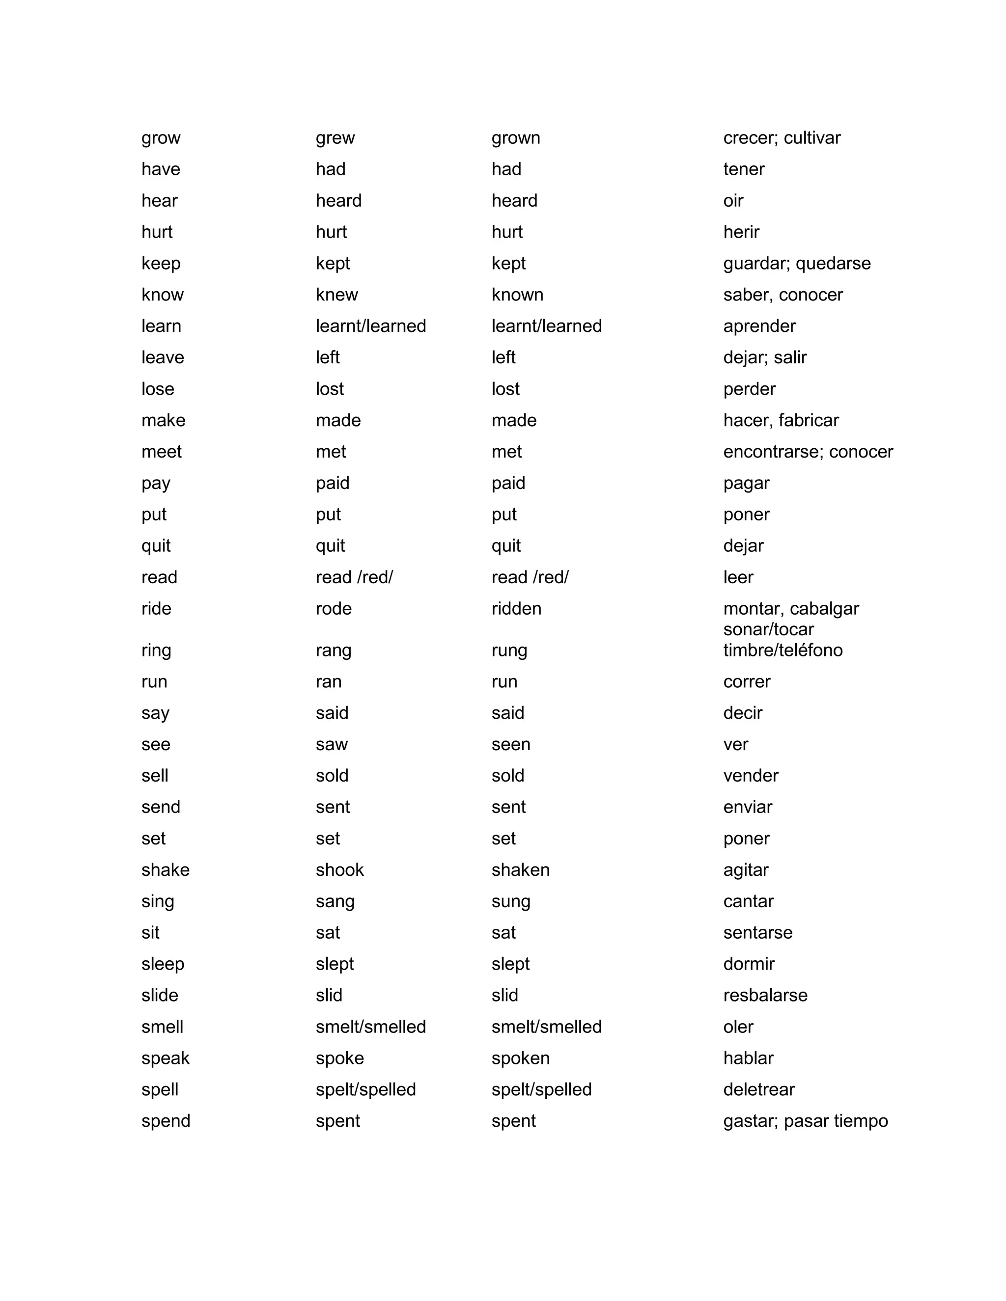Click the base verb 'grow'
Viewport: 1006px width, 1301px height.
click(161, 138)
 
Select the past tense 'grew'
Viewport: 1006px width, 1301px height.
click(335, 138)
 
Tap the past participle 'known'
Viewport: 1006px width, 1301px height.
click(517, 295)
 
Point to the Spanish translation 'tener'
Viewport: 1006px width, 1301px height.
click(744, 169)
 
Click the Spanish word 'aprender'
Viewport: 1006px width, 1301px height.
click(759, 326)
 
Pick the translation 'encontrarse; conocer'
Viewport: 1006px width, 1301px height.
click(808, 452)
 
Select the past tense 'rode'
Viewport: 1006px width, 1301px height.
click(334, 609)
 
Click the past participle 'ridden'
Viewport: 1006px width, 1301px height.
click(516, 609)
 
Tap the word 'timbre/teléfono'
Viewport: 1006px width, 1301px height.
click(782, 650)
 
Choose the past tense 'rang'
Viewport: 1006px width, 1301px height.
click(333, 650)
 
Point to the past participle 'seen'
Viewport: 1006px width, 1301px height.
click(511, 745)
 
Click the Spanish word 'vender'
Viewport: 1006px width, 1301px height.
click(751, 776)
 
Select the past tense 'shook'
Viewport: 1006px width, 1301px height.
click(339, 870)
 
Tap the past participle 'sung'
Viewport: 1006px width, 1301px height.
click(511, 902)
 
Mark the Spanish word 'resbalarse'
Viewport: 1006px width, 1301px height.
click(765, 996)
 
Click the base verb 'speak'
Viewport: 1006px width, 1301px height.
click(165, 1058)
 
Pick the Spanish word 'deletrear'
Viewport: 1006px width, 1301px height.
click(758, 1089)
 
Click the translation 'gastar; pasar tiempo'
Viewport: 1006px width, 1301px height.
click(805, 1121)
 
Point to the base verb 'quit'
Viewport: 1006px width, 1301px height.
click(156, 546)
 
